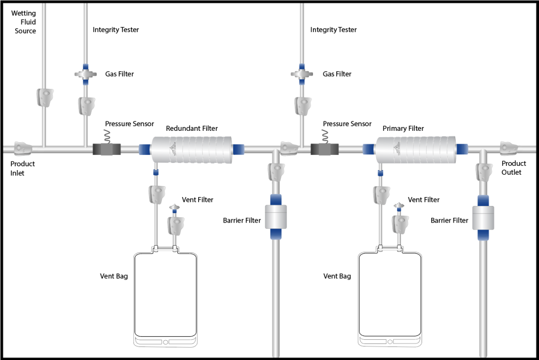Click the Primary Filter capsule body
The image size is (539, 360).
coord(416,150)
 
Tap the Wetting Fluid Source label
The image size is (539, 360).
coord(23,22)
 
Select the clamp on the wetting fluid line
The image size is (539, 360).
coord(45,97)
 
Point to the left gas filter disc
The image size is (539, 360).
coord(86,74)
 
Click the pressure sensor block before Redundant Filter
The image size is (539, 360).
coord(106,149)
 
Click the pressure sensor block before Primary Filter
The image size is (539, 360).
coord(324,149)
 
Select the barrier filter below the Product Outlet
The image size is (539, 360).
coord(483,218)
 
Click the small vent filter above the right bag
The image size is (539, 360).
coord(400,206)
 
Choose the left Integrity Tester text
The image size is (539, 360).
coord(115,29)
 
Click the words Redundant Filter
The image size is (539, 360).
coord(191,128)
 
